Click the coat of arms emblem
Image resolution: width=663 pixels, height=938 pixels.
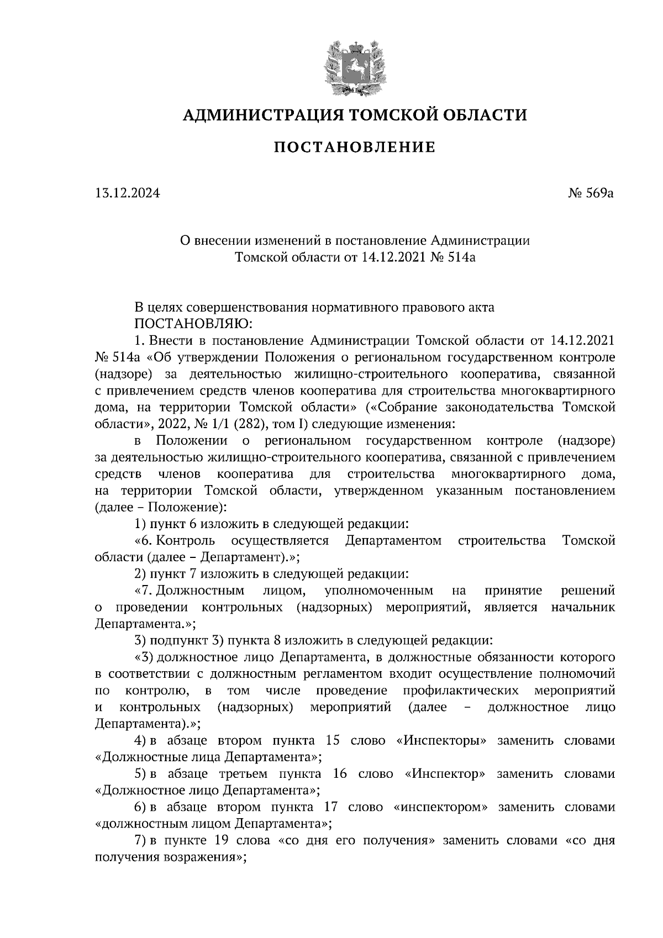pos(355,66)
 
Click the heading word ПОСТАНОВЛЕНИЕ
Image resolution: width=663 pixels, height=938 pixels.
pos(355,147)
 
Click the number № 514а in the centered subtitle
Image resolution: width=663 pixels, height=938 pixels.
pos(452,257)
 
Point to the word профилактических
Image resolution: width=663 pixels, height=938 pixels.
pos(460,691)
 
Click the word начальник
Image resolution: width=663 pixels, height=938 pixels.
pos(583,607)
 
